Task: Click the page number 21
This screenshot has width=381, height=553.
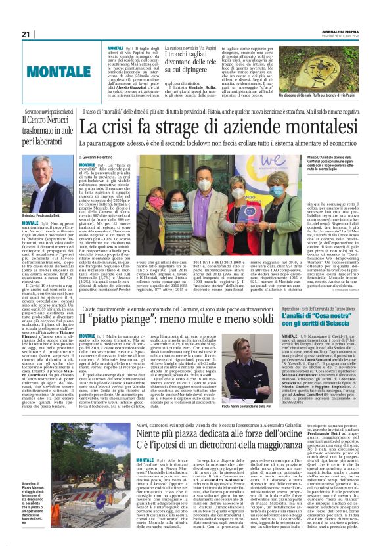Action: tap(9, 34)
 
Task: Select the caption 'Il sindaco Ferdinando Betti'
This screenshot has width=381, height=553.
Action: tap(26, 217)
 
